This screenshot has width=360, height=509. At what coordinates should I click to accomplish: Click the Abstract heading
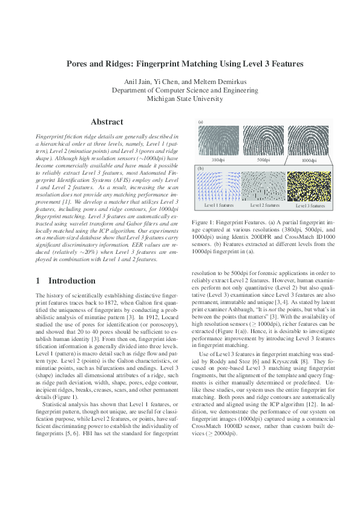click(106, 122)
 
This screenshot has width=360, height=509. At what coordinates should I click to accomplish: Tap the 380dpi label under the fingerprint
click(218, 161)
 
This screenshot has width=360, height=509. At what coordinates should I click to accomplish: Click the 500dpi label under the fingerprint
click(263, 161)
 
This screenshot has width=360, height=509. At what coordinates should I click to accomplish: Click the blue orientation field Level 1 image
click(218, 186)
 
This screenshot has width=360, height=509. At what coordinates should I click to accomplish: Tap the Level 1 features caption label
click(218, 206)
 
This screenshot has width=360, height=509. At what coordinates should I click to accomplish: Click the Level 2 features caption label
click(263, 206)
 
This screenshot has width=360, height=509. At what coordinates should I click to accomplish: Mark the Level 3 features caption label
click(309, 206)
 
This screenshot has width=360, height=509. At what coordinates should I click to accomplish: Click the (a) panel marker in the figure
click(201, 122)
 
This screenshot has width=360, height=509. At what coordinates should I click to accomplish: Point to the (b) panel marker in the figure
click(201, 169)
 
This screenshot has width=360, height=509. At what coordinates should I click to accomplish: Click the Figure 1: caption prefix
click(205, 222)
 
